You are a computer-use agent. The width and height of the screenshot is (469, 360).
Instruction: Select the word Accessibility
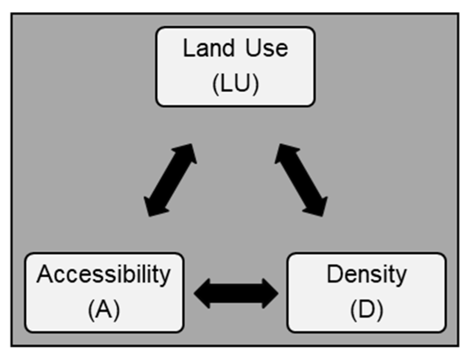pyautogui.click(x=103, y=275)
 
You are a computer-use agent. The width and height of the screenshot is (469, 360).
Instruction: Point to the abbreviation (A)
pyautogui.click(x=103, y=310)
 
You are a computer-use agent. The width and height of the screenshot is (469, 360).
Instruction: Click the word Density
pyautogui.click(x=366, y=275)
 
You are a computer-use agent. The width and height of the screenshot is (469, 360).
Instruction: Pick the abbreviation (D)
pyautogui.click(x=366, y=310)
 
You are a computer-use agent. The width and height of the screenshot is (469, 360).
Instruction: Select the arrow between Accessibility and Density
pyautogui.click(x=236, y=293)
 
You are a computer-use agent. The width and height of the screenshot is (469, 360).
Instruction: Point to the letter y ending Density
pyautogui.click(x=400, y=277)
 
